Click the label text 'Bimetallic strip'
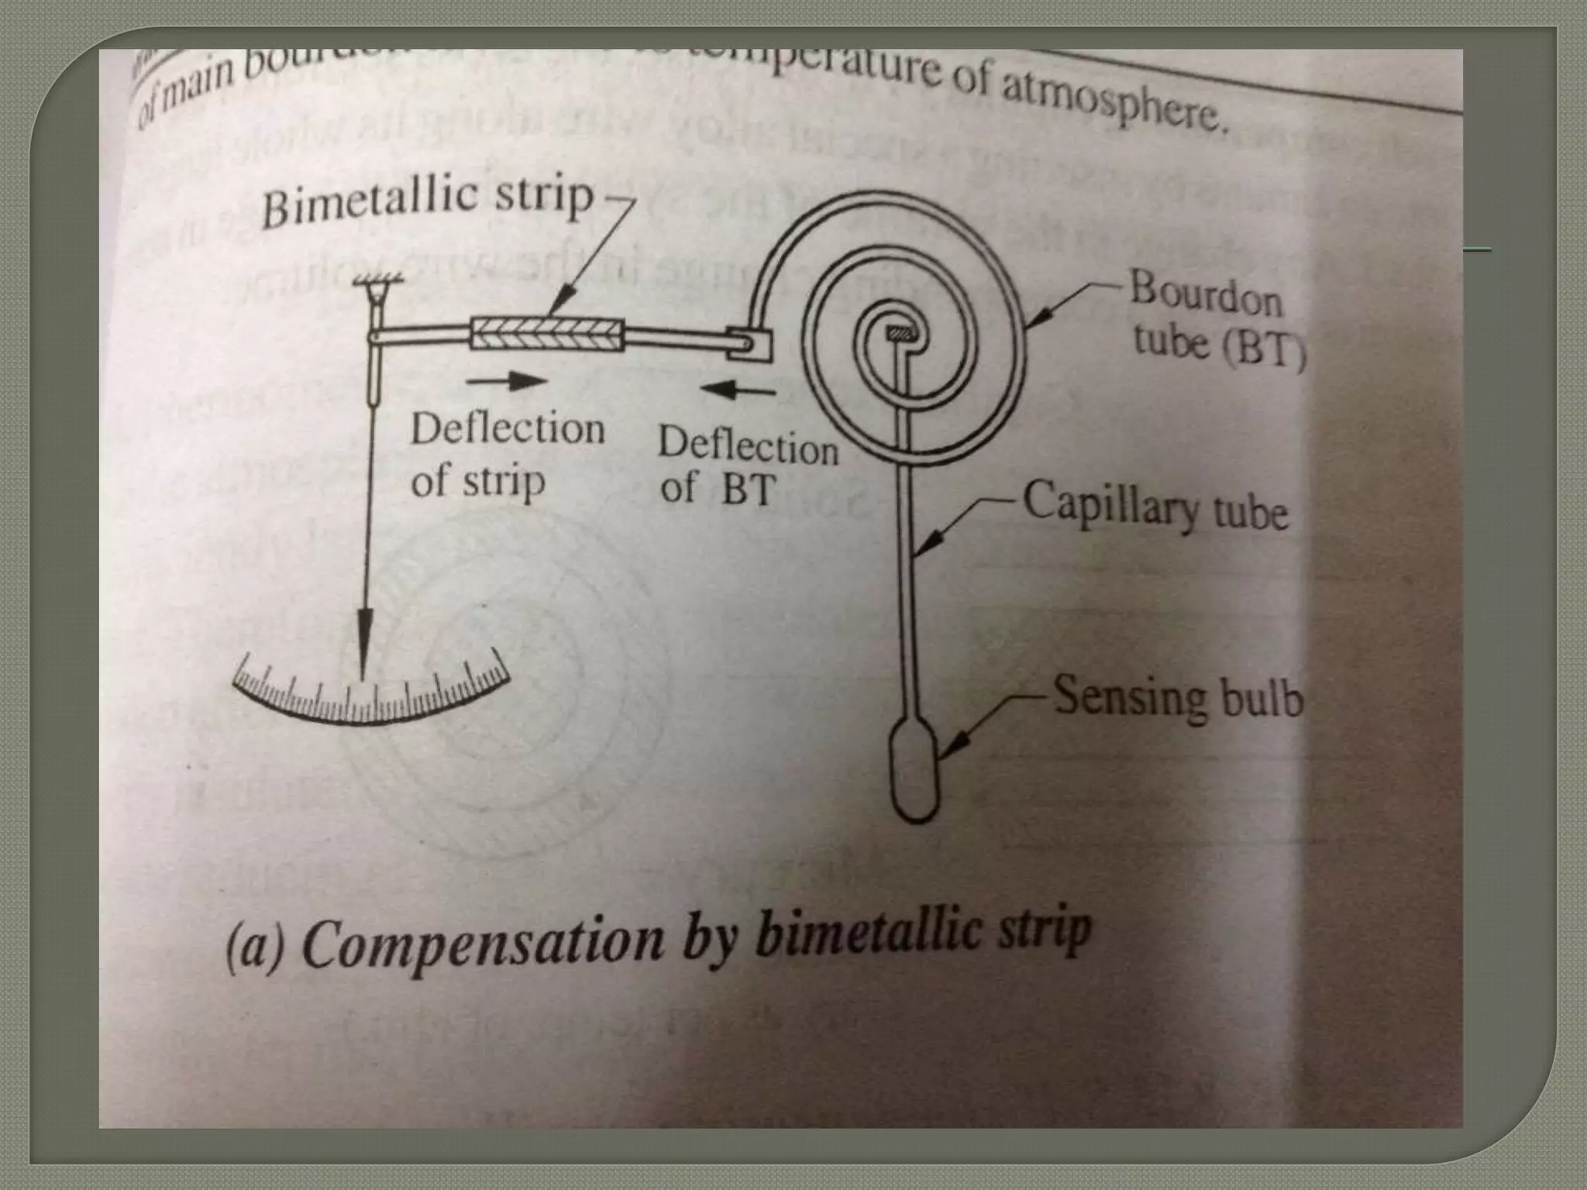tap(426, 199)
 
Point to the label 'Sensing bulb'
tap(1178, 697)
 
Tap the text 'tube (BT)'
tap(1219, 347)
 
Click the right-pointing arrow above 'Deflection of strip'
tap(508, 380)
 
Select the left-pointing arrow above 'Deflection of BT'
tap(736, 390)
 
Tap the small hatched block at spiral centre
tap(904, 334)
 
